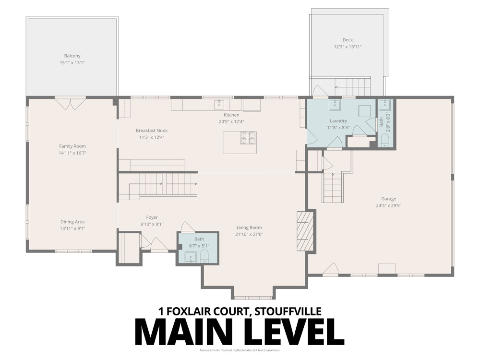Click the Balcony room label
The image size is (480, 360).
click(x=72, y=56)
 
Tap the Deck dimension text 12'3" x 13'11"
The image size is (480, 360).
click(x=348, y=47)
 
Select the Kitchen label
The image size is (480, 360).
click(x=231, y=115)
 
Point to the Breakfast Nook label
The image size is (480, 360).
click(x=152, y=131)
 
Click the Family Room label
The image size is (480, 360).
click(x=72, y=146)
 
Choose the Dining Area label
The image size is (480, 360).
click(x=72, y=222)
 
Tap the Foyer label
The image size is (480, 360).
click(x=152, y=217)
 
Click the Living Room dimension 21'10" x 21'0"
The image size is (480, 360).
click(x=249, y=234)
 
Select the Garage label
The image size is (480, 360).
click(x=389, y=199)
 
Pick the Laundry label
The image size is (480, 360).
click(x=338, y=121)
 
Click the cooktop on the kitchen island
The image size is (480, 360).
click(x=248, y=138)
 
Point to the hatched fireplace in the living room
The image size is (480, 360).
click(x=305, y=231)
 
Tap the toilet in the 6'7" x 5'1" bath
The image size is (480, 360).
click(x=204, y=255)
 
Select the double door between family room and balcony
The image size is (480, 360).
click(x=70, y=103)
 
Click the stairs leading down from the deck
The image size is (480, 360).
click(x=353, y=87)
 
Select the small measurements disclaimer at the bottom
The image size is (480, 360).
click(x=240, y=350)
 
